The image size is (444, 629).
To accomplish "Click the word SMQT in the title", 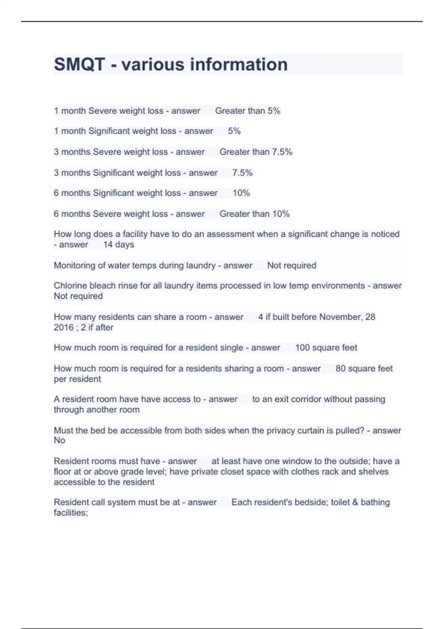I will coord(80,64).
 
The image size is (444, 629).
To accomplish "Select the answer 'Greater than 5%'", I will coord(248,111).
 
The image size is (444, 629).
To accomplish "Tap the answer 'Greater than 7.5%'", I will coord(256,152).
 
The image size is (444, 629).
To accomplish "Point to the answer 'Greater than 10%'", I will coord(254,214).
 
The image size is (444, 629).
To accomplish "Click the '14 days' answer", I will coord(118,245).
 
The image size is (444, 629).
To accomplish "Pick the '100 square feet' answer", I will coord(326,347).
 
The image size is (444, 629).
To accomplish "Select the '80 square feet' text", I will coord(364,369).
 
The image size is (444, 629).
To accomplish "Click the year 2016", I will coord(64,327).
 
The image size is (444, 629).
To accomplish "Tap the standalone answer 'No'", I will coord(60,440).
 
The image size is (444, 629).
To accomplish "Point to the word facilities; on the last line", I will coord(71,512).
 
